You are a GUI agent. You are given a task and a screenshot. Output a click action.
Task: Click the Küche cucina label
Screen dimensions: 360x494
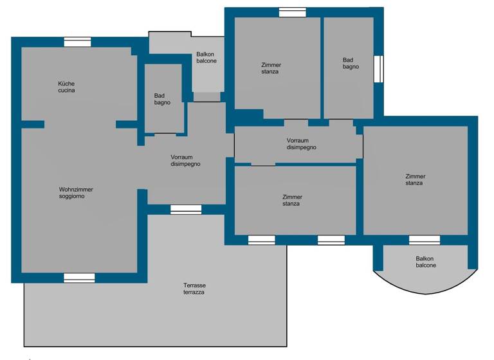click(x=67, y=87)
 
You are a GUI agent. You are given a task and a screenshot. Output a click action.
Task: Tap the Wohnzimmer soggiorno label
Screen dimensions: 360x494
click(x=72, y=193)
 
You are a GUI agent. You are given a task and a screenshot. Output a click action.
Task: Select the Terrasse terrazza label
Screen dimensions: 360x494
click(x=194, y=289)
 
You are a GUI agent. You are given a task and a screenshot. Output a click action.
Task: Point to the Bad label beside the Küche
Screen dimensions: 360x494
click(x=162, y=99)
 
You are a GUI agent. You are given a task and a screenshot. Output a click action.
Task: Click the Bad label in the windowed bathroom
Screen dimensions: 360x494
click(x=351, y=63)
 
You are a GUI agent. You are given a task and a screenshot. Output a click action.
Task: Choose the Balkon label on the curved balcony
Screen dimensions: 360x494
click(x=425, y=262)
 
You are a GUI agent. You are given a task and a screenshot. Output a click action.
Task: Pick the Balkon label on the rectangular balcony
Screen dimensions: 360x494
click(x=206, y=58)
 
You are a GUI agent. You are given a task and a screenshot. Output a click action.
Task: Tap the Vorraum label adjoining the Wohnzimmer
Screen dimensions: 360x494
click(x=186, y=160)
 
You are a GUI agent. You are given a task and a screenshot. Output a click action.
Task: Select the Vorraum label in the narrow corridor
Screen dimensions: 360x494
click(x=301, y=143)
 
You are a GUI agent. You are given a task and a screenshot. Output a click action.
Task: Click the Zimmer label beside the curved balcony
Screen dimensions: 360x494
click(x=415, y=180)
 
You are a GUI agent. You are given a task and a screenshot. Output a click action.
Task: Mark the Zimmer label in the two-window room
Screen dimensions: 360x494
click(x=291, y=200)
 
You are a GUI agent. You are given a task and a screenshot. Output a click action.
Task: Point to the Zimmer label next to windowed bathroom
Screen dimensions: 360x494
click(x=271, y=68)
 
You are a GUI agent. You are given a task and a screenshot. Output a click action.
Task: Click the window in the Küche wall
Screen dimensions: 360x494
click(x=77, y=42)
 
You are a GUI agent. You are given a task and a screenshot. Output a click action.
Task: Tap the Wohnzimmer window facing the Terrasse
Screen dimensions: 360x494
click(x=79, y=278)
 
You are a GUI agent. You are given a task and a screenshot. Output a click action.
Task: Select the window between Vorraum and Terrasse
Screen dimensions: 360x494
click(x=186, y=209)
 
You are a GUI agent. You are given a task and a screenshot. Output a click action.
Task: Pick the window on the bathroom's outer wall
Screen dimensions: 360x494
click(x=378, y=68)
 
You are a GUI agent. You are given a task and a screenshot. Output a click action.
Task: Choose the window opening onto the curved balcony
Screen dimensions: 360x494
click(x=425, y=240)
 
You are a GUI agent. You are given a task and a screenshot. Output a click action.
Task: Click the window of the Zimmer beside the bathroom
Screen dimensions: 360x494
click(x=293, y=12)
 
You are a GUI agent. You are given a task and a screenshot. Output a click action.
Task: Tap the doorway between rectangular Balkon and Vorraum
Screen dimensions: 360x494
click(x=206, y=97)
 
